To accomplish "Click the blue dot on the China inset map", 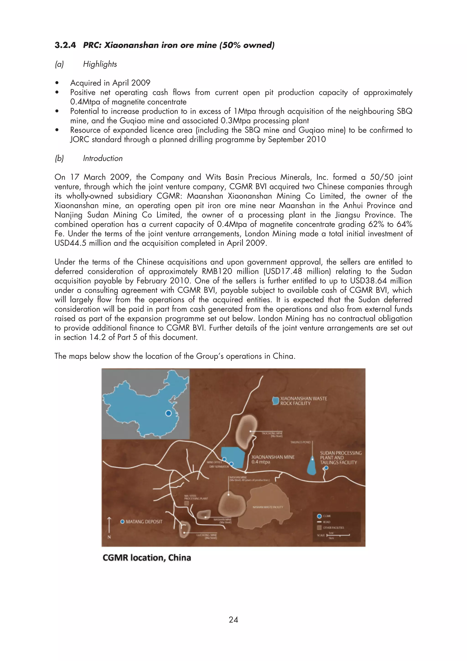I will point(169,413).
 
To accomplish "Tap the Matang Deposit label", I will point(144,522).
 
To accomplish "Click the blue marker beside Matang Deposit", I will point(122,522).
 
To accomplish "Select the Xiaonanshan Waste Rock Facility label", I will point(303,401).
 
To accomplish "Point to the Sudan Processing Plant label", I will point(340,458).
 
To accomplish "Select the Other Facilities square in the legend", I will point(319,527).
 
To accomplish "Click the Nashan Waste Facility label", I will point(268,507).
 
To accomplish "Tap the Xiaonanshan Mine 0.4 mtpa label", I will point(273,459).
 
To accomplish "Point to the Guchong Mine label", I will point(206,536).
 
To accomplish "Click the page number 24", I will point(233,619).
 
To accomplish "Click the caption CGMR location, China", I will point(147,558).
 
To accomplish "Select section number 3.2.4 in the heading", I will point(65,45).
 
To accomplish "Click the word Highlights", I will point(100,64).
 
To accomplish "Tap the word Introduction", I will point(103,158).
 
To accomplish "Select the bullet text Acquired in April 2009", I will point(110,83).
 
